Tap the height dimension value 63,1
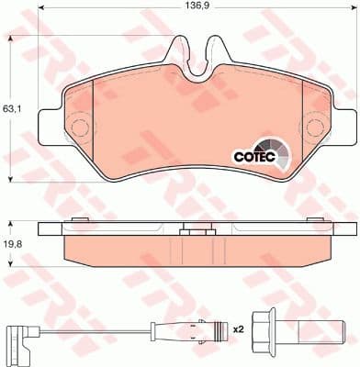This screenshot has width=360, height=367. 11,108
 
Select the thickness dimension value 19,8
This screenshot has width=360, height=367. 11,245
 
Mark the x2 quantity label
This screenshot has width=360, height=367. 239,328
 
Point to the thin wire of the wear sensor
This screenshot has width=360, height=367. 92,328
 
